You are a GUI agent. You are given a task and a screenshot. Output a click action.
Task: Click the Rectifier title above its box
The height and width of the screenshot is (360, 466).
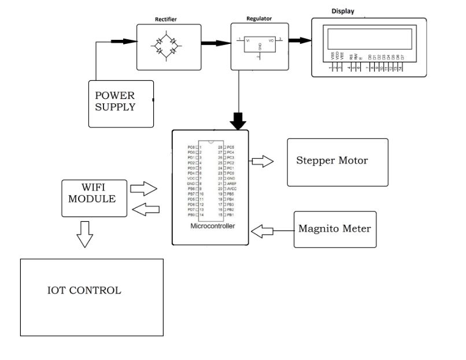tap(165, 20)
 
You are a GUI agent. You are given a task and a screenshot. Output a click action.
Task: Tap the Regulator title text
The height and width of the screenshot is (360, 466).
tap(260, 19)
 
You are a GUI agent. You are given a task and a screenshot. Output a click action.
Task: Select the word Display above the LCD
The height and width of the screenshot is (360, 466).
tap(343, 11)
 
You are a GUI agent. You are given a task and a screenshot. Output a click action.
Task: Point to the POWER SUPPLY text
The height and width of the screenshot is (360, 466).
tap(115, 101)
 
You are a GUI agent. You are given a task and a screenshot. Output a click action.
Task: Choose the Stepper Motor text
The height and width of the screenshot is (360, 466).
tap(332, 161)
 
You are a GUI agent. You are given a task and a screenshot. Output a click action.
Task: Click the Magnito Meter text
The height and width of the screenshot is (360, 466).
tap(334, 228)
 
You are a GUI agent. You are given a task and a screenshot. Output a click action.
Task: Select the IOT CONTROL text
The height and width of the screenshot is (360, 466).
tap(84, 291)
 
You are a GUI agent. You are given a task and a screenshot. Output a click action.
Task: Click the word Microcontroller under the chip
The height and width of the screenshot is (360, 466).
tap(213, 226)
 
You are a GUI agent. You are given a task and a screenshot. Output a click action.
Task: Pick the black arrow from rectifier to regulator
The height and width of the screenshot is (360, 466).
tap(215, 42)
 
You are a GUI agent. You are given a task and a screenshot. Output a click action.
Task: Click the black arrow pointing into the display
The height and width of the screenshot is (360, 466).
tap(299, 40)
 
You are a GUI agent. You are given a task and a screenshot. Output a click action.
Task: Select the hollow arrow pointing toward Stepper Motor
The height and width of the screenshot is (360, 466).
tap(263, 161)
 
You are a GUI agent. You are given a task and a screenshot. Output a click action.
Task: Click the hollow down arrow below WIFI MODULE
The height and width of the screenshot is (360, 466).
tap(85, 236)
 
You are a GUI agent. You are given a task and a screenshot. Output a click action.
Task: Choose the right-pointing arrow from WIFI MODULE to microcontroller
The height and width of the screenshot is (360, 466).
tap(145, 188)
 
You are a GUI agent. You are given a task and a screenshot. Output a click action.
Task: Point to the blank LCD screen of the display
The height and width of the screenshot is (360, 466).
tap(370, 39)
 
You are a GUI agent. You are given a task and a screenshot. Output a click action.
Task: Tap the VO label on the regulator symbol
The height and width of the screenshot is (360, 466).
tap(271, 41)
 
